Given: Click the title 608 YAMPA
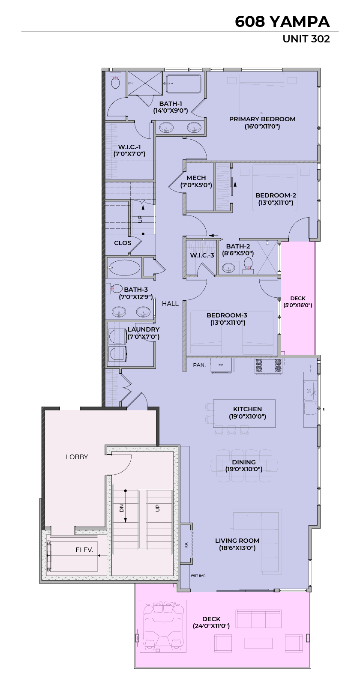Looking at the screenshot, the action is [282, 22].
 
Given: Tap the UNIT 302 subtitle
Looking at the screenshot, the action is [306, 39].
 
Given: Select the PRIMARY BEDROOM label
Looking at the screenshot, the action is [262, 119].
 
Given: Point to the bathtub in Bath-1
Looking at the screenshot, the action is [183, 84].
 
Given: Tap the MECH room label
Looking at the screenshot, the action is [196, 178].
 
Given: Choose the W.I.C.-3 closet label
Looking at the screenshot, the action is [202, 256].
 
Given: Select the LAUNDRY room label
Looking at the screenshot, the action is [144, 329].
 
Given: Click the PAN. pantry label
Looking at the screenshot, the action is [199, 365].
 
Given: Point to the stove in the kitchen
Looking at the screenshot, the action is [269, 365].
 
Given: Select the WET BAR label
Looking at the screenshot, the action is [198, 576].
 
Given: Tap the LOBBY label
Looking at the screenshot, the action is [77, 457].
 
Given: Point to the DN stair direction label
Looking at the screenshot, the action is [122, 508].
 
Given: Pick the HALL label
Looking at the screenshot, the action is [170, 304].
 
